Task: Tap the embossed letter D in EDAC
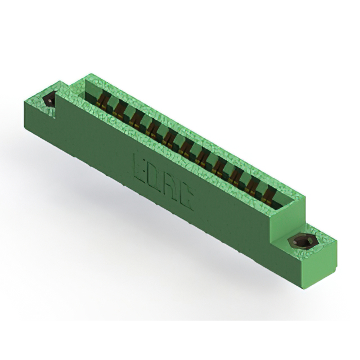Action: coord(154,177)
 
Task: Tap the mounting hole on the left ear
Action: coord(50,101)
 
